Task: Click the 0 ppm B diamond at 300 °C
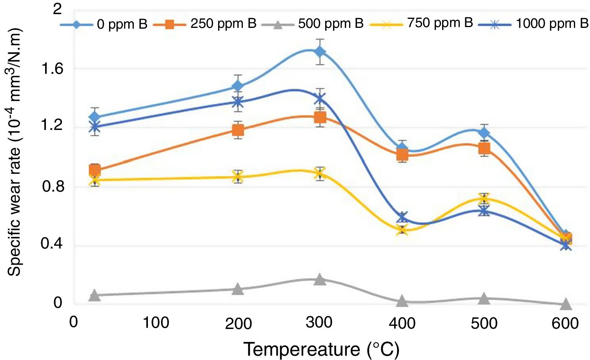320,52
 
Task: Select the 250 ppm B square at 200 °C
238,130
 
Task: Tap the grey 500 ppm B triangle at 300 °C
320,280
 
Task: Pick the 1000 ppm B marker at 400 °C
402,217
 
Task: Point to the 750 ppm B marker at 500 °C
484,199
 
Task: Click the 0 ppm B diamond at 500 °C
484,133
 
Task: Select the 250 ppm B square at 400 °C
402,155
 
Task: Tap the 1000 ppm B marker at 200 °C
238,102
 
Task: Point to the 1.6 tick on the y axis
52,69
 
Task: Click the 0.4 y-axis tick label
52,244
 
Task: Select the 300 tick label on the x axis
319,323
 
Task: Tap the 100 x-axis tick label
156,323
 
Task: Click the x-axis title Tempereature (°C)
321,349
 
